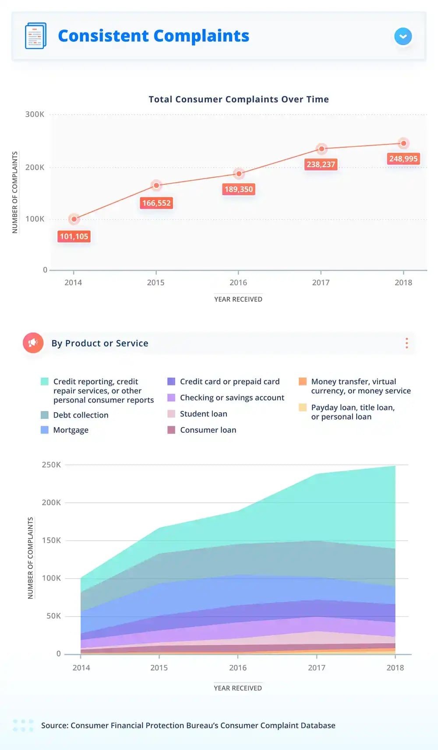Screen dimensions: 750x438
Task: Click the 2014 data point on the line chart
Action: [x=74, y=219]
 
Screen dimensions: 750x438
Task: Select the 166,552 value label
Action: [x=156, y=203]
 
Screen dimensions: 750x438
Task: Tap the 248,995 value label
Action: [x=403, y=158]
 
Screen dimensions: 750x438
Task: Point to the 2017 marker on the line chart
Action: [x=321, y=149]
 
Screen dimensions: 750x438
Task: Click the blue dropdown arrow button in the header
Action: [x=403, y=36]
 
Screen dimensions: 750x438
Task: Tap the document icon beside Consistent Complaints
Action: [x=35, y=36]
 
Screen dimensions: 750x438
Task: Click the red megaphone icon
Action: [x=33, y=343]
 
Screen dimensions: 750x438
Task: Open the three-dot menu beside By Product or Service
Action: [x=407, y=343]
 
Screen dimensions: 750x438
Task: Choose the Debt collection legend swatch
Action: [x=45, y=415]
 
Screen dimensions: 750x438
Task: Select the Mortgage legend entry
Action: [x=71, y=430]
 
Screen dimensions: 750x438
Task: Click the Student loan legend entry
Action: [x=203, y=414]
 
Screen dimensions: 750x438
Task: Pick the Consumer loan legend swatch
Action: [x=171, y=430]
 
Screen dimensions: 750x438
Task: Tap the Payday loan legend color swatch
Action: [x=303, y=407]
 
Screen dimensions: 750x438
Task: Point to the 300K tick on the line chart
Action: [x=35, y=114]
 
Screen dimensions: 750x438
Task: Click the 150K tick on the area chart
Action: [x=51, y=540]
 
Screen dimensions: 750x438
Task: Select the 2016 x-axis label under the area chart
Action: [x=238, y=668]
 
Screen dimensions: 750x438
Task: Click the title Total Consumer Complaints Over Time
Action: [x=239, y=99]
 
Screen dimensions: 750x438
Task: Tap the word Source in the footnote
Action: [x=54, y=725]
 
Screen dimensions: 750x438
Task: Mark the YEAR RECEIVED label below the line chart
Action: [x=238, y=299]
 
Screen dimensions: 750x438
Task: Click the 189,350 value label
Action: [x=239, y=189]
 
